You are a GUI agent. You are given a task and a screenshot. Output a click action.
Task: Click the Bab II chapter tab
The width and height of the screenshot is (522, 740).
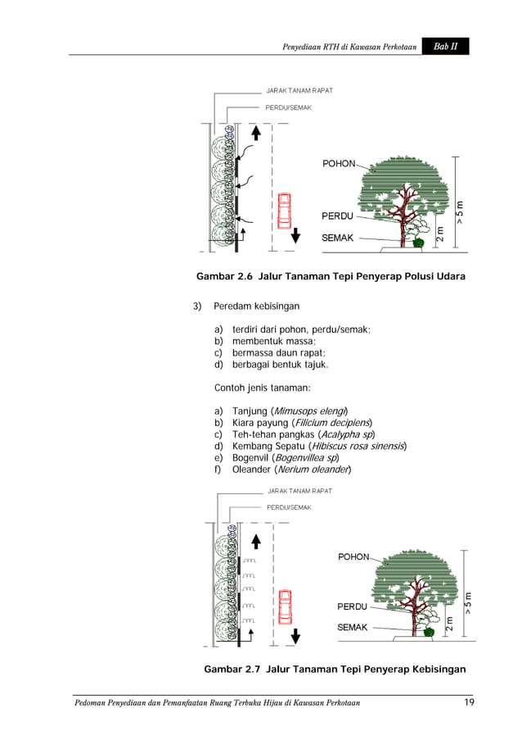coord(446,47)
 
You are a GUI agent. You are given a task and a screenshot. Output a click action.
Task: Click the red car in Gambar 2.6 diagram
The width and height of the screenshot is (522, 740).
coord(284,211)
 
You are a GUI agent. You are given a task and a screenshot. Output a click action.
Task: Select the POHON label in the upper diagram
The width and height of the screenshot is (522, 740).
coord(338,164)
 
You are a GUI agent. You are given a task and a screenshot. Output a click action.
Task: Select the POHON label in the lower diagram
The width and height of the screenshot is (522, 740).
coord(353,557)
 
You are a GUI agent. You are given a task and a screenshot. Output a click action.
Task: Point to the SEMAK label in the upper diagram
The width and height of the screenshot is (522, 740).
coord(337,238)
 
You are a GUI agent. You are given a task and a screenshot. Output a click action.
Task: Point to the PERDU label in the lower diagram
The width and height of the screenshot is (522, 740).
coord(353,607)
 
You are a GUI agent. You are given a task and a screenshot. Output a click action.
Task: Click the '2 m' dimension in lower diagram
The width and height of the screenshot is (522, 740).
coord(449,624)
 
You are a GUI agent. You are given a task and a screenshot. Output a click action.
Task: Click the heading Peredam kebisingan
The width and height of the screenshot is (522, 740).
coord(256,306)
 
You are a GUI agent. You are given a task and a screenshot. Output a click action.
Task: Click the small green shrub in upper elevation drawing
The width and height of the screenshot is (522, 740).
coord(418,243)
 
